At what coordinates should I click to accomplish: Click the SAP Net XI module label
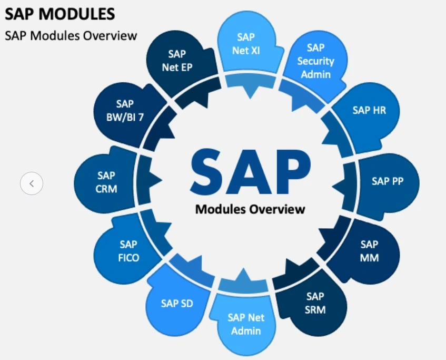[245, 44]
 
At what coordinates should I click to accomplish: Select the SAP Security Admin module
[315, 61]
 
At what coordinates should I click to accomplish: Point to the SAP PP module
[388, 181]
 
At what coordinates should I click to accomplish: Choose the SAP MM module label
[369, 251]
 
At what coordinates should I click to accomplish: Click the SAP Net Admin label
[246, 324]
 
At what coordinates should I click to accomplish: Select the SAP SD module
[177, 304]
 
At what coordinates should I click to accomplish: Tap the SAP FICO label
[128, 251]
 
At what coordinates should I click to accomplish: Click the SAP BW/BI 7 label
[126, 110]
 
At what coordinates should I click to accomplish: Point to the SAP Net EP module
[177, 60]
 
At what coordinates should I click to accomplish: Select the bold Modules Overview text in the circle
[250, 209]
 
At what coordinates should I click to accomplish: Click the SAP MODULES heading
[60, 14]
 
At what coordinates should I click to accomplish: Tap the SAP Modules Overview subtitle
[71, 36]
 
